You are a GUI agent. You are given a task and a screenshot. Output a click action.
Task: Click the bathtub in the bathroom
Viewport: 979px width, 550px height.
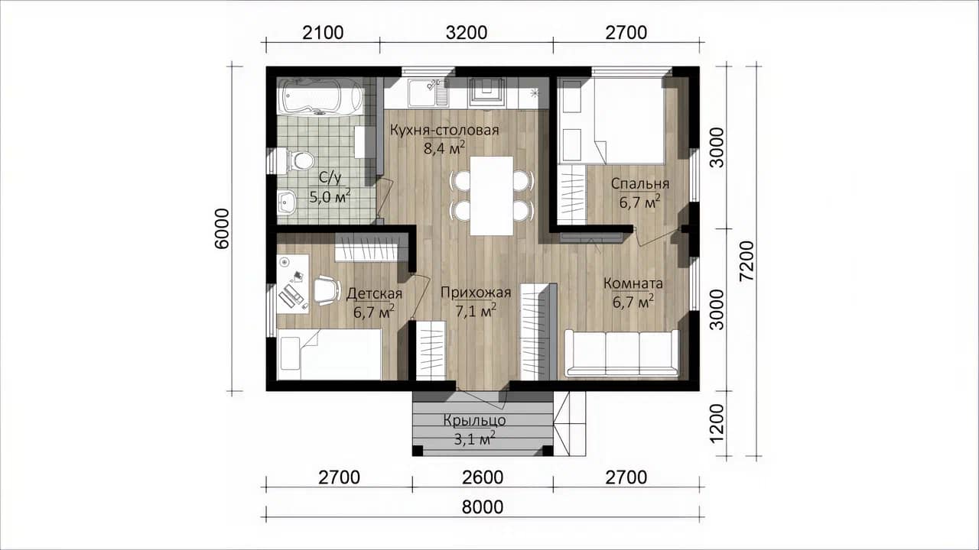(x=320, y=96)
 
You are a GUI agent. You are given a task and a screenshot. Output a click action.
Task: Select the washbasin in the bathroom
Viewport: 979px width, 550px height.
(x=287, y=202)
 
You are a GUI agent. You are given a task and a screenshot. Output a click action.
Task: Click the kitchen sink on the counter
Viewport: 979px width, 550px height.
(x=428, y=93)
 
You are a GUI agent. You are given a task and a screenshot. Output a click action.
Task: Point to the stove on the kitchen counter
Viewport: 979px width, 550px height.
(x=487, y=93)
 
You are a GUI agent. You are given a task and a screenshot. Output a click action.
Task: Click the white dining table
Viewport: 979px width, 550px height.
(x=491, y=196)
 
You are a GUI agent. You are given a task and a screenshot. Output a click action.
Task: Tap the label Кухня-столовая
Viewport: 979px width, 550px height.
(x=444, y=130)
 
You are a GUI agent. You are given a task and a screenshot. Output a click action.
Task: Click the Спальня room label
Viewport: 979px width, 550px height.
(x=640, y=184)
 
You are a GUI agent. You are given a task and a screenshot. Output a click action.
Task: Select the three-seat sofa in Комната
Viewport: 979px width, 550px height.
(x=622, y=354)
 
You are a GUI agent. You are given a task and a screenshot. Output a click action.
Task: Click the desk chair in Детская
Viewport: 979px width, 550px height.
(x=327, y=290)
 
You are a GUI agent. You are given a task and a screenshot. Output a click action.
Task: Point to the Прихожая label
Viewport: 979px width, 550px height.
(x=476, y=293)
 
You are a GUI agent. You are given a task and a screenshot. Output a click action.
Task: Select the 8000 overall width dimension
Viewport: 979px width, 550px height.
(x=483, y=507)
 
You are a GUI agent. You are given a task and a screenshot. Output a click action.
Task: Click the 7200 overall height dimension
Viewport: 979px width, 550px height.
(x=747, y=261)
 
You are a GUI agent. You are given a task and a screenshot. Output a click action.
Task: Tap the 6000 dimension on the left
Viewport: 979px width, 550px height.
(x=222, y=228)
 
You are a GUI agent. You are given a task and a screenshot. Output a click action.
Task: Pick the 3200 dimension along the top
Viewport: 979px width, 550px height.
(x=467, y=33)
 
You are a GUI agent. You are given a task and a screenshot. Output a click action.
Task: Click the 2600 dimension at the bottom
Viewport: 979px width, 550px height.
(x=483, y=477)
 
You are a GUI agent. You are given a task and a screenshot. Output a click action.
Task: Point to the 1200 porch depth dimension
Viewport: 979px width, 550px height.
(x=717, y=423)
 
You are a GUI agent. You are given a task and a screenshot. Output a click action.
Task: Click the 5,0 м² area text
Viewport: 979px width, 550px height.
(x=330, y=196)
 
